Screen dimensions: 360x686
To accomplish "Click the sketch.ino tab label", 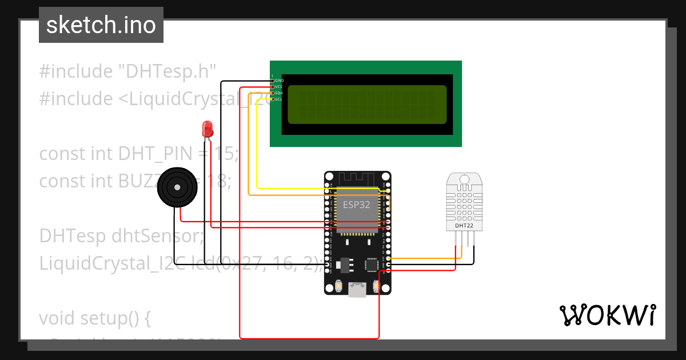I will click(x=101, y=25).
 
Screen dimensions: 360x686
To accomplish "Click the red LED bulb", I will click(x=207, y=128).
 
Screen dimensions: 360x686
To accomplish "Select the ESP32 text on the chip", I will click(x=357, y=204).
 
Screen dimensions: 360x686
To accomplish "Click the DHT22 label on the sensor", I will click(x=464, y=226).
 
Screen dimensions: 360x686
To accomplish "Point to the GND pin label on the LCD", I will click(x=280, y=81).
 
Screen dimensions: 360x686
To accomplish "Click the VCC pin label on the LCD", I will click(x=280, y=87).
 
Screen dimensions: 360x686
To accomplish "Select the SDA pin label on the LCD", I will click(x=280, y=93).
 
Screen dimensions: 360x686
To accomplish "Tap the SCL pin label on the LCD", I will click(x=280, y=99).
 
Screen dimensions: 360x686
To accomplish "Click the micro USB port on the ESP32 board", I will click(x=358, y=290).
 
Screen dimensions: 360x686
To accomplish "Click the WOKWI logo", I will click(x=607, y=315).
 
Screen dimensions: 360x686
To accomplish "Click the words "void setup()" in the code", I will click(x=94, y=318).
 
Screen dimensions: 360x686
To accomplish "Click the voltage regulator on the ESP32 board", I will click(x=344, y=264).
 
